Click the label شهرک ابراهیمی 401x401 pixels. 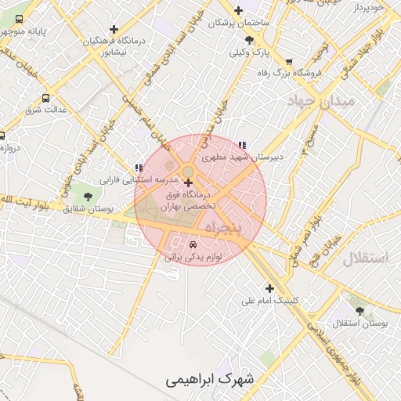pyautogui.click(x=210, y=380)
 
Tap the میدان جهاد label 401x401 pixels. pyautogui.click(x=321, y=102)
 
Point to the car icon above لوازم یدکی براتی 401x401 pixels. pyautogui.click(x=193, y=244)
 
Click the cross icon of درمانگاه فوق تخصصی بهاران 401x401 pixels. pyautogui.click(x=188, y=183)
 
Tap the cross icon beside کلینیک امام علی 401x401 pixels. pyautogui.click(x=270, y=288)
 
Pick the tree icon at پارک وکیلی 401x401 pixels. pyautogui.click(x=249, y=40)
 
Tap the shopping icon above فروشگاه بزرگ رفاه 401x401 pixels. pyautogui.click(x=289, y=61)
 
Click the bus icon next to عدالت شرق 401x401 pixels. pyautogui.click(x=45, y=98)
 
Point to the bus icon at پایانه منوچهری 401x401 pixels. pyautogui.click(x=19, y=19)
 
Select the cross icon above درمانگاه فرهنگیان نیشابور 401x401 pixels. pyautogui.click(x=114, y=29)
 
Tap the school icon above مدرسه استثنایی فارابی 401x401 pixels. pyautogui.click(x=139, y=168)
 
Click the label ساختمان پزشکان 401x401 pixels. pyautogui.click(x=239, y=23)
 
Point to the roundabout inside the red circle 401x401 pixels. pyautogui.click(x=189, y=171)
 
